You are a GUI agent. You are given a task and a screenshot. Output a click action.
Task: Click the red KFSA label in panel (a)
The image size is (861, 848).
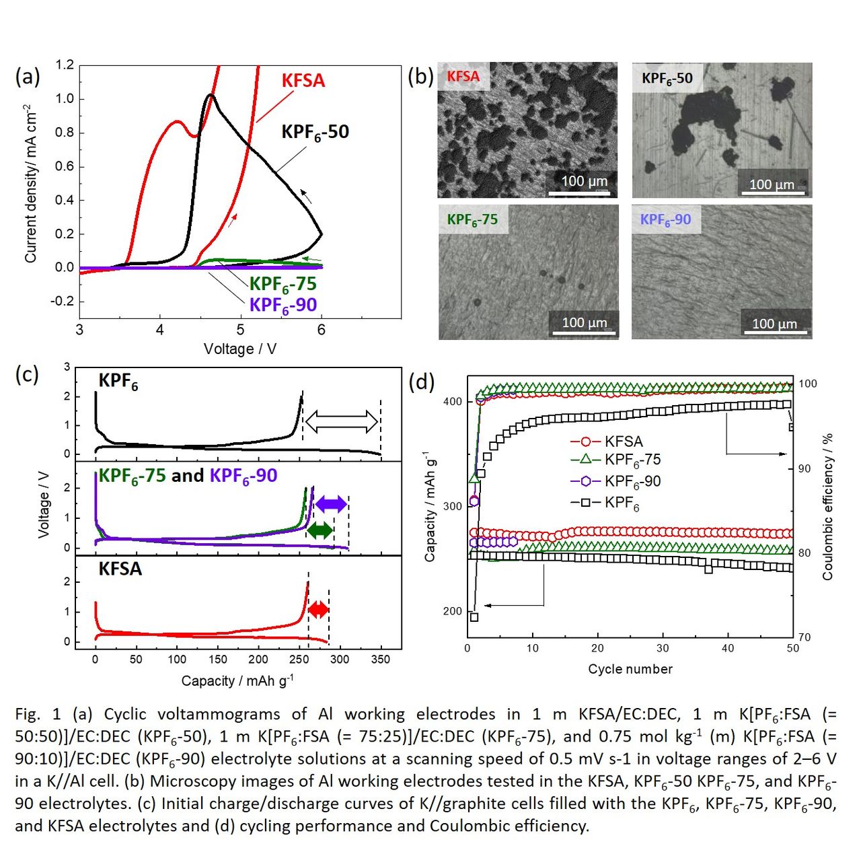(303, 81)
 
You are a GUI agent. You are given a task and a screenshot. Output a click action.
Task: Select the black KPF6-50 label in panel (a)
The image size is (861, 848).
(315, 132)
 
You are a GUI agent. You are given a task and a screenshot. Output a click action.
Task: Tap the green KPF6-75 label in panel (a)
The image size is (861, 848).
(283, 285)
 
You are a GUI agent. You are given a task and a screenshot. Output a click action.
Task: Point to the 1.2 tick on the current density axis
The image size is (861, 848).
(65, 65)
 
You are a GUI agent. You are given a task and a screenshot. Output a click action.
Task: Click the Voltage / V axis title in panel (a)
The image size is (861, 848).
(240, 349)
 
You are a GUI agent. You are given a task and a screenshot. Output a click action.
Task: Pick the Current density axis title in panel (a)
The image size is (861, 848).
(30, 184)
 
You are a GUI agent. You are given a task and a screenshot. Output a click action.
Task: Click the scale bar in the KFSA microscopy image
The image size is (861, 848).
(579, 193)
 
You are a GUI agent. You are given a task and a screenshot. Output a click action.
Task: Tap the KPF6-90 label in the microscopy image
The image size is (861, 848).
(665, 219)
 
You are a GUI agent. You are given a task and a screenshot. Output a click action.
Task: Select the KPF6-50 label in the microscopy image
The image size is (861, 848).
(667, 78)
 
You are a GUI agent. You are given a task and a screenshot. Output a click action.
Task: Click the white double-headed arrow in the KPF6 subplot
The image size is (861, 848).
(342, 422)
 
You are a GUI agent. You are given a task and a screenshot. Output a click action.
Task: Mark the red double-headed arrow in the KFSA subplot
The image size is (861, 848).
(318, 610)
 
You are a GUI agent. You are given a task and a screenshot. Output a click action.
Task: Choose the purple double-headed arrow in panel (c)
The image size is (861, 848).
(331, 503)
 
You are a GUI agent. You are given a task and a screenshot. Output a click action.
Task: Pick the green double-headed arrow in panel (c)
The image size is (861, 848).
(320, 530)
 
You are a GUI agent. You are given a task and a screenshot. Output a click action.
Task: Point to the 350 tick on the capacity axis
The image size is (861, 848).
(380, 660)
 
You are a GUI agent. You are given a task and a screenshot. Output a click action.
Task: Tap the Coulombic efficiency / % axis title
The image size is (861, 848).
(828, 506)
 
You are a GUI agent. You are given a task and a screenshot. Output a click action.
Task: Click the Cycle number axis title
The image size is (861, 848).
(630, 669)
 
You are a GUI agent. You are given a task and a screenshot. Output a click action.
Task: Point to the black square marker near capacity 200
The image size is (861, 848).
(474, 617)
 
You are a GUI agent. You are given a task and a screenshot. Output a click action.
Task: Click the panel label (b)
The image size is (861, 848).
(420, 76)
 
